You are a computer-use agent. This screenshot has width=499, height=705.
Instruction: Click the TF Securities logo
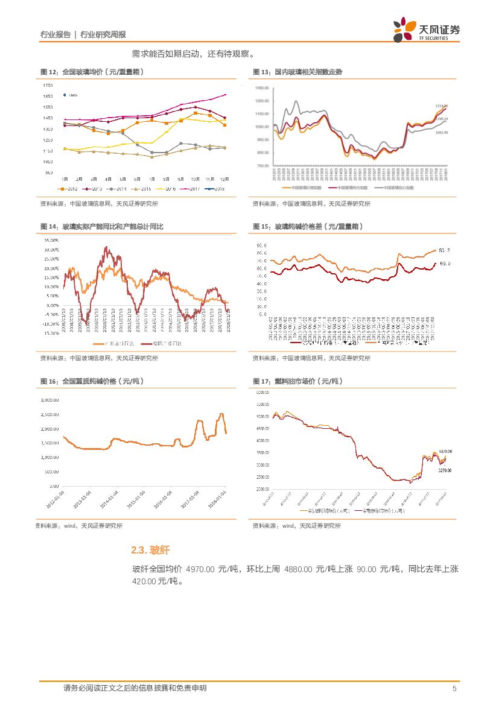click(x=426, y=30)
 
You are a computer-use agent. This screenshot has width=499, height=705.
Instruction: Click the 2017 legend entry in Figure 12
click(x=191, y=189)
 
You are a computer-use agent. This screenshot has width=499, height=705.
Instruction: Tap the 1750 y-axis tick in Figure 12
click(x=48, y=86)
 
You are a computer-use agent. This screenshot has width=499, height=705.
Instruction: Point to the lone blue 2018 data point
click(x=65, y=95)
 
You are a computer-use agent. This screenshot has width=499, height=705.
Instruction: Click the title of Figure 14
click(x=102, y=227)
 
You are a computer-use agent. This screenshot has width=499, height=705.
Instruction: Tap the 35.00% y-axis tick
click(x=51, y=240)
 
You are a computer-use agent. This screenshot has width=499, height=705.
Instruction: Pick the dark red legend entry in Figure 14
click(x=164, y=343)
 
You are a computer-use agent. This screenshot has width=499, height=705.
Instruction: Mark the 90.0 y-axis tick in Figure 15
click(x=262, y=245)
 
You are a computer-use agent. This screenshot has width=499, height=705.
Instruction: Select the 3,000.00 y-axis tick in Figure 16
click(x=49, y=400)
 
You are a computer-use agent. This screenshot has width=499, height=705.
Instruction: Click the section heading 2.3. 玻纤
click(x=150, y=550)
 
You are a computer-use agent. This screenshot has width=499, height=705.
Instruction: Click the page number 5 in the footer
click(x=454, y=688)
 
